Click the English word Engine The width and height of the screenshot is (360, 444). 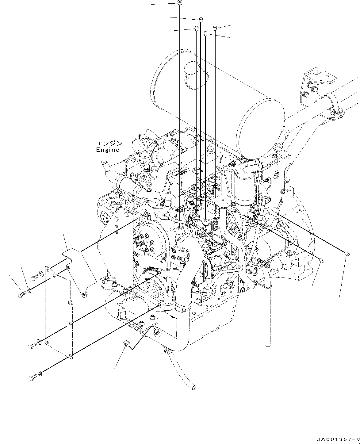(107, 150)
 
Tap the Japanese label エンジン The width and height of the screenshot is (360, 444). (109, 143)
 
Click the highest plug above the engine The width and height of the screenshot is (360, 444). (179, 3)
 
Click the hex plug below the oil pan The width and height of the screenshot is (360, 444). (126, 343)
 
